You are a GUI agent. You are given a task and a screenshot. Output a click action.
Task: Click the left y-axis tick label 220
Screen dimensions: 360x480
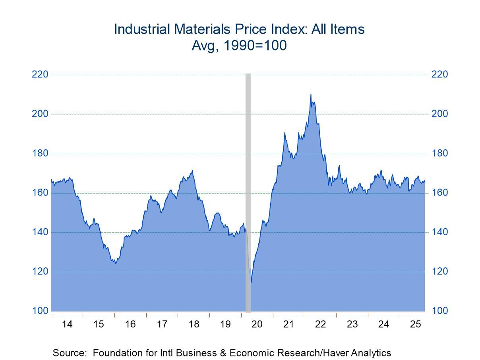click(x=40, y=75)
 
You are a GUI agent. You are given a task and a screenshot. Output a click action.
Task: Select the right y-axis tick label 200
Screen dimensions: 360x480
click(x=439, y=114)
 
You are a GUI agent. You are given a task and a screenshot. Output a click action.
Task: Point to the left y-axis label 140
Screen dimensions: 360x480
click(x=40, y=232)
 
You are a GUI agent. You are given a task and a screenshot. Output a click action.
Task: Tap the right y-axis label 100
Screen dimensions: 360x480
click(x=439, y=311)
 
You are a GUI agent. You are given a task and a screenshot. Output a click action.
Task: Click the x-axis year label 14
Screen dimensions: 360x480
click(x=67, y=324)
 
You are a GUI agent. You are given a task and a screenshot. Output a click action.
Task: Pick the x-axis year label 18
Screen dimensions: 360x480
click(x=194, y=324)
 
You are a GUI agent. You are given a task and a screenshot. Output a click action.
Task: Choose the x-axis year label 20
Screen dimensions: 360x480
click(x=257, y=324)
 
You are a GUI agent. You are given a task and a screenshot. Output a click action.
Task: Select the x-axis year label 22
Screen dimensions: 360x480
click(x=320, y=324)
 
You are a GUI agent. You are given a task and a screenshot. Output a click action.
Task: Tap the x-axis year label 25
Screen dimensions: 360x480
click(x=415, y=324)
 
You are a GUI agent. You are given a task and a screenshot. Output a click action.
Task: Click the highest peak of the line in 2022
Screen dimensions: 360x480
click(x=311, y=94)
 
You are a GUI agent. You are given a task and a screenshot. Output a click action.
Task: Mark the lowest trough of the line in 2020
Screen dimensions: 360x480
click(x=251, y=282)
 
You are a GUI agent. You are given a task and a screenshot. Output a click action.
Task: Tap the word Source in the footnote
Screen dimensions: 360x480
click(x=68, y=353)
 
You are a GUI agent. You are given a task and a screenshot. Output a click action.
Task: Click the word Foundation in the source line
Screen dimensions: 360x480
click(x=114, y=353)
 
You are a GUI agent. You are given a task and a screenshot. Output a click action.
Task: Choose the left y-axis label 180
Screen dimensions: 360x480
click(x=40, y=154)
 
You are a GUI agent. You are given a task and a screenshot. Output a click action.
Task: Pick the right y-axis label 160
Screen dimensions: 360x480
click(x=439, y=193)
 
